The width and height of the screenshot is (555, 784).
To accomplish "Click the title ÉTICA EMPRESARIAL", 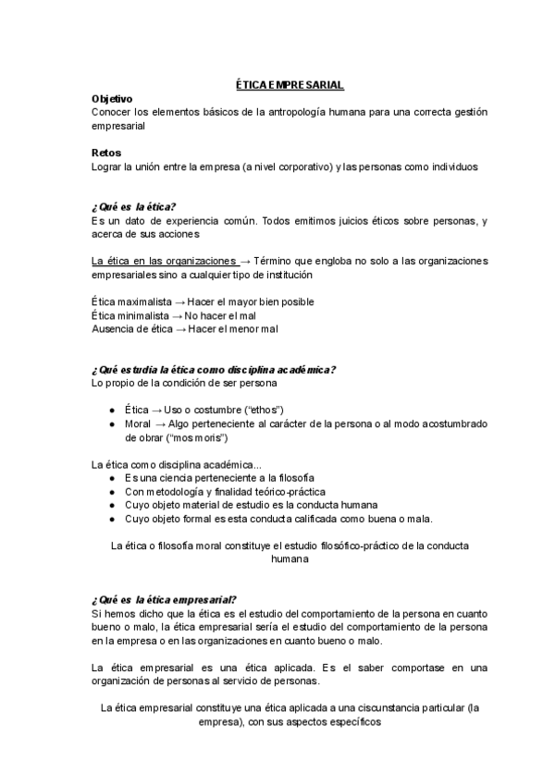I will point(288,85).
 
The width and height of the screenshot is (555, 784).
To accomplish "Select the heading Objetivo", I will point(112,98).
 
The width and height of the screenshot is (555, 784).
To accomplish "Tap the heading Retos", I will point(107,153).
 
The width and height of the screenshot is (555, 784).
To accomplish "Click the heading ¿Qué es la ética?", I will point(133,206).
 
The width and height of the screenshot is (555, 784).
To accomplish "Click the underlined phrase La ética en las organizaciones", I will point(164,262).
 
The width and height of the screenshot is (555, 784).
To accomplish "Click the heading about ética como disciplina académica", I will point(213,370).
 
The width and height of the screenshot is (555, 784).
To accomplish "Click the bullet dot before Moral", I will point(112,423).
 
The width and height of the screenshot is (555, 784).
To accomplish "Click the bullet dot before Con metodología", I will point(112,492).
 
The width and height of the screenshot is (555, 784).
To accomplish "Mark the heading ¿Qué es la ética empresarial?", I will point(164,599).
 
